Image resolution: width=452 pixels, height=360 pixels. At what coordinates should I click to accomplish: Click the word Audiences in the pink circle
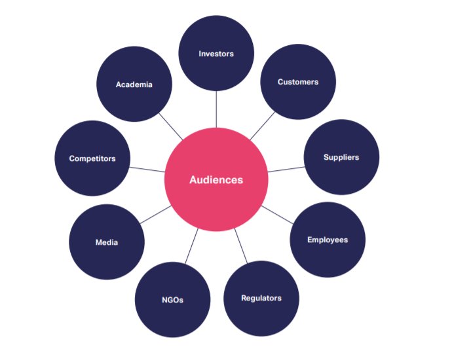click(216, 179)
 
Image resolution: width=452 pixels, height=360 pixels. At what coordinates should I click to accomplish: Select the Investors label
click(216, 53)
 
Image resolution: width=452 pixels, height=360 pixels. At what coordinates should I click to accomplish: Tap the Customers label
click(298, 82)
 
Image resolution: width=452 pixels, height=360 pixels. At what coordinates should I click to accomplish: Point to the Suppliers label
click(341, 157)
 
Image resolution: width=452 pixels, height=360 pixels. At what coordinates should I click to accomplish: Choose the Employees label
click(328, 240)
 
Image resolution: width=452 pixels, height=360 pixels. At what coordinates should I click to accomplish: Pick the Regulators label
click(261, 298)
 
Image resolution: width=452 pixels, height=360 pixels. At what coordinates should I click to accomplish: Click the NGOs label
click(172, 300)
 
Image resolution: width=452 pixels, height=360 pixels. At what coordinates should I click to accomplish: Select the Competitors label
click(92, 158)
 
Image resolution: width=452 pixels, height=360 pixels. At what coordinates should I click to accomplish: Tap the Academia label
click(134, 84)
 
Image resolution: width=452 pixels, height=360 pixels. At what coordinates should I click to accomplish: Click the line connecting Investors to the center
click(216, 109)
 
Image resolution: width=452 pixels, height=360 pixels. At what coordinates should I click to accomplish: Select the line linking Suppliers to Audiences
click(285, 168)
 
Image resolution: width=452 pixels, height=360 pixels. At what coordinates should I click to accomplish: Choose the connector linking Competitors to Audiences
click(147, 168)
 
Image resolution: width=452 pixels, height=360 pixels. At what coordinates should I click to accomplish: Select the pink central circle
click(216, 196)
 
